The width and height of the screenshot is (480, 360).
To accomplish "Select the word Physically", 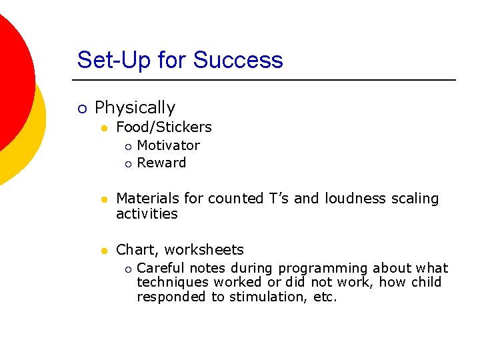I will (135, 108).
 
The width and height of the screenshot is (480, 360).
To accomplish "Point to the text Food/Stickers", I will (163, 127).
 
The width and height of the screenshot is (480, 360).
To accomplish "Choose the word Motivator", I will (168, 145).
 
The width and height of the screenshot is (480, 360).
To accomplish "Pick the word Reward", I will (161, 163).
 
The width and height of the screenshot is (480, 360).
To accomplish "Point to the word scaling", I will (415, 199).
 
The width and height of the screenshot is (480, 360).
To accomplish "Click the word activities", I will (147, 214).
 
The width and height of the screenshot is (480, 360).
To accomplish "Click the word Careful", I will (161, 269).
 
